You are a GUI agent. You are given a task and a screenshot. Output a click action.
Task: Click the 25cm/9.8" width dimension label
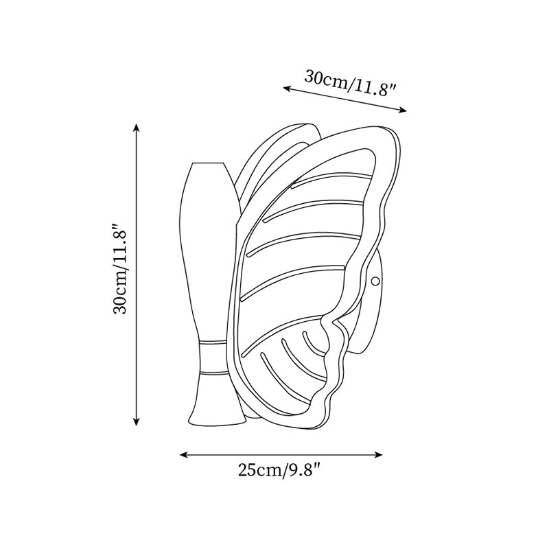coord(280,470)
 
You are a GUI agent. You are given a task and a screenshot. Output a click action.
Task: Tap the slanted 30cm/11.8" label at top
coord(350,83)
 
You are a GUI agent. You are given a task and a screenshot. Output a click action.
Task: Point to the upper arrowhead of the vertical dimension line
coord(137,128)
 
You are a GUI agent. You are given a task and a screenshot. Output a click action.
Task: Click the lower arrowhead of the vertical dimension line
coord(137,421)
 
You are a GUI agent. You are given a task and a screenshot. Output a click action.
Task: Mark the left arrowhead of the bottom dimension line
coord(184,454)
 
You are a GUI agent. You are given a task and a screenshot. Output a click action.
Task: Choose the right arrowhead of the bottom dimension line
coord(378,454)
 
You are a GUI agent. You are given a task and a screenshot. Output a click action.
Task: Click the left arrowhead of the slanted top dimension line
coord(288,89)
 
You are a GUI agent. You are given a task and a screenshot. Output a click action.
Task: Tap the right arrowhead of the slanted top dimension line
coord(402,110)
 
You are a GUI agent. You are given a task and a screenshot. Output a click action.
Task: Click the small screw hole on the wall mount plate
coord(375,281)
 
